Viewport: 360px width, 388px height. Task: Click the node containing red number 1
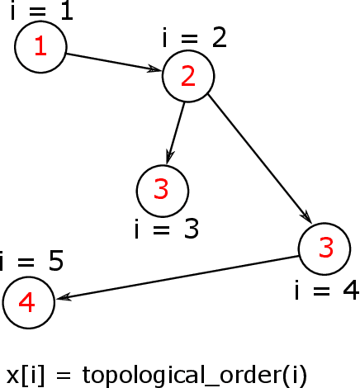(40, 47)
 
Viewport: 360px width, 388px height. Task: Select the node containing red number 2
(188, 76)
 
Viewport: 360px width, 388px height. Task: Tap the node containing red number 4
(28, 303)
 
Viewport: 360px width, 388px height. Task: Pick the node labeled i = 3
(162, 190)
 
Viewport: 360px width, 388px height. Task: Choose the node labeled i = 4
(324, 248)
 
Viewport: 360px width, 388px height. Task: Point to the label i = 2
(195, 38)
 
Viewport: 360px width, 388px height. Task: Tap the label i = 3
(167, 228)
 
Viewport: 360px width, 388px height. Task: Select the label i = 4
(326, 290)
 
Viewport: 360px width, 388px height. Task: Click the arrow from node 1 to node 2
(114, 63)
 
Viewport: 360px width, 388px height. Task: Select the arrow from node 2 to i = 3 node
(176, 130)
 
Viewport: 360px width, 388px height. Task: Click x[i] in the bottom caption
(24, 375)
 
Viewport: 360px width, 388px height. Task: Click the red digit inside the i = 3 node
(162, 190)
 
